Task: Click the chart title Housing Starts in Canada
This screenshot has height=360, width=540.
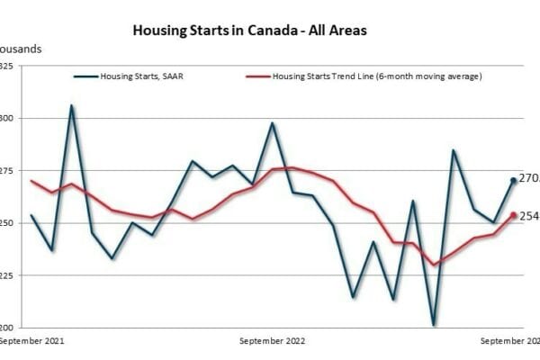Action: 249,30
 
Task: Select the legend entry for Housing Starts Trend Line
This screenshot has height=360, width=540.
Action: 364,76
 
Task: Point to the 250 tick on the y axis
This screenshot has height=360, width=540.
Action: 6,222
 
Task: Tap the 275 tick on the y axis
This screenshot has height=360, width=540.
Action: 6,170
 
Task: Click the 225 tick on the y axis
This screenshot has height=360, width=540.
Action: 6,274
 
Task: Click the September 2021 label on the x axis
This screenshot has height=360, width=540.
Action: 33,341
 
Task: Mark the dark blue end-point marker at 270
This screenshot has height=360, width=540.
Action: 513,180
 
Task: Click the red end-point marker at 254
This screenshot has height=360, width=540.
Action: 513,215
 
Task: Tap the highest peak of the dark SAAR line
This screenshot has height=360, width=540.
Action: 72,105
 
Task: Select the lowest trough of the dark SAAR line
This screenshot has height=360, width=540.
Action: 433,325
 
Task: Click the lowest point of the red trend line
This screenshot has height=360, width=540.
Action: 433,265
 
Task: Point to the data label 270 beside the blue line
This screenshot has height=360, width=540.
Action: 529,179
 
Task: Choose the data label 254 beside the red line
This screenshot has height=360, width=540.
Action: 529,216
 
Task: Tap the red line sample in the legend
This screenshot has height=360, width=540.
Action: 258,76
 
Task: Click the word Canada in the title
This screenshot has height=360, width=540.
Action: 264,30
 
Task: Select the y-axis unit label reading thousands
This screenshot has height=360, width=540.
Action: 20,48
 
